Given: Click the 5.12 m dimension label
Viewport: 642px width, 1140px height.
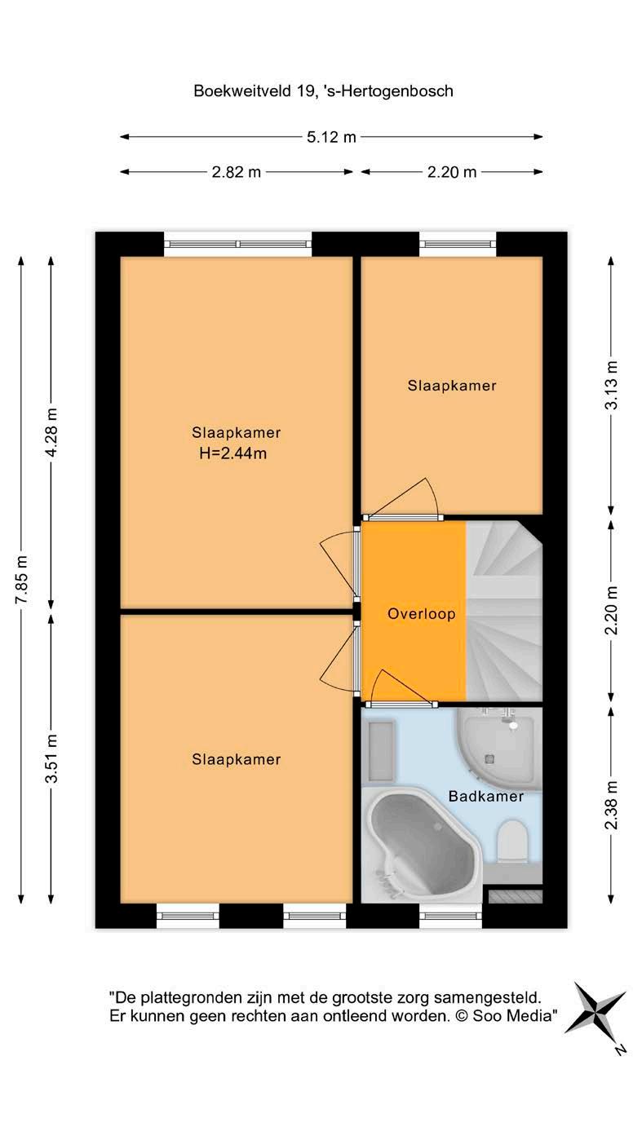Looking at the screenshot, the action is coord(331,137).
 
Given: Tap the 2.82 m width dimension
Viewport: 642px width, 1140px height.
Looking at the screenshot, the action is coord(237,172).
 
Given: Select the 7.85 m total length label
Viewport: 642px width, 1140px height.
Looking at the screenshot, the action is coord(21,580).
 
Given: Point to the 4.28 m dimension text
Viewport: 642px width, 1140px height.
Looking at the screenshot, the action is coord(51,431).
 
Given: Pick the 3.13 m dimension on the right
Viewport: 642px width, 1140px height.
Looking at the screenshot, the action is coord(611,385).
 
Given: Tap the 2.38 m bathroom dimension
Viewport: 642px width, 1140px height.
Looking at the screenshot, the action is coord(611,805).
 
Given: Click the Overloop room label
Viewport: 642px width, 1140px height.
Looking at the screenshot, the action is coord(422,614).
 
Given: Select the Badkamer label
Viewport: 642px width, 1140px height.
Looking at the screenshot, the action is coord(485,797).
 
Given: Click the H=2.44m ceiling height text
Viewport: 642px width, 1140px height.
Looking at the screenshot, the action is coord(233,453).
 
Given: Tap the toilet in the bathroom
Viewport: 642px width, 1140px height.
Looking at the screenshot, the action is coord(512,842).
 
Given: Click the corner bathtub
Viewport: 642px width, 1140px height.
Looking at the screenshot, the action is coord(422,844).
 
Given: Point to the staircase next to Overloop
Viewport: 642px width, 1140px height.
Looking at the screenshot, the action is coord(504,611).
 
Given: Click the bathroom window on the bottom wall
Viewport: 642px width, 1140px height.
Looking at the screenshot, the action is coord(450,916).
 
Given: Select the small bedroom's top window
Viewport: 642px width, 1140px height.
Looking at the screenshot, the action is coord(458,245).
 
